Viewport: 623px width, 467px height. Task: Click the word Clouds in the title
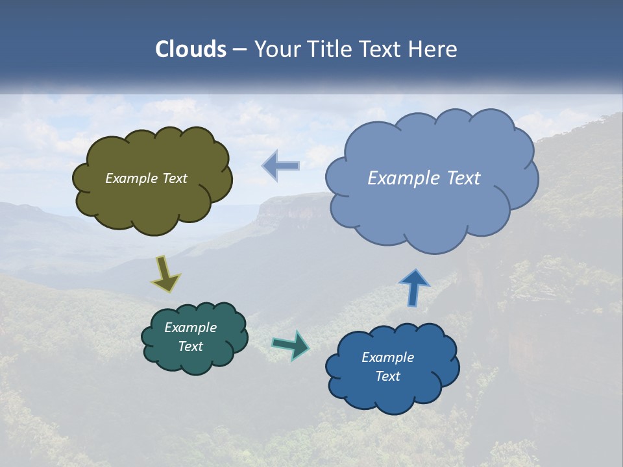point(191,49)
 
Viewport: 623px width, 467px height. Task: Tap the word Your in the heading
point(278,49)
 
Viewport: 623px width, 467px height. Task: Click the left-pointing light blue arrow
point(282,166)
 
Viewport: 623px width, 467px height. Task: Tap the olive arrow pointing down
point(166,274)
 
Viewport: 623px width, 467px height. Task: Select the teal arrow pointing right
point(291,346)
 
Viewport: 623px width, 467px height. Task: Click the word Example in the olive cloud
point(132,178)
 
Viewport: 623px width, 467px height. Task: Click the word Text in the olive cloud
point(175,178)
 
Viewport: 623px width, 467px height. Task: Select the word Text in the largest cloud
point(464,178)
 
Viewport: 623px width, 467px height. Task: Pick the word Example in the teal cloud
point(191,328)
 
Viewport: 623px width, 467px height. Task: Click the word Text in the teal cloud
point(191,346)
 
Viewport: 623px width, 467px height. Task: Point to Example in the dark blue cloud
point(387,357)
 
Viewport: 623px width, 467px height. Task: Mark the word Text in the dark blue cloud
point(387,376)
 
